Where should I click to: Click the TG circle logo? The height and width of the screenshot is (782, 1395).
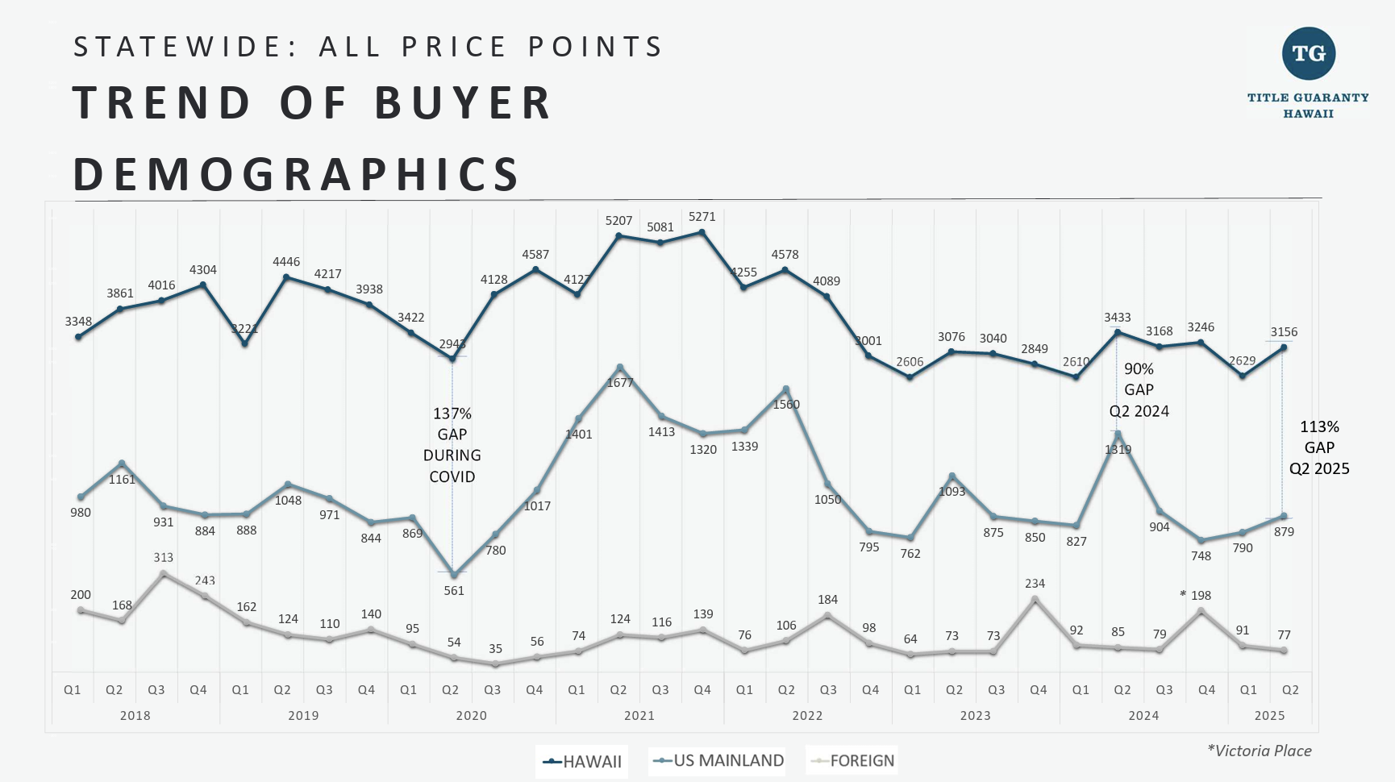[x=1309, y=54]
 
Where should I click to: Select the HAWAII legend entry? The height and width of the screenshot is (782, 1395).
[x=582, y=761]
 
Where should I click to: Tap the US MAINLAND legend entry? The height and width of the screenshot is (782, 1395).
[x=718, y=760]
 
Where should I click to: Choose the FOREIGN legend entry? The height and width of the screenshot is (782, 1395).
[x=852, y=760]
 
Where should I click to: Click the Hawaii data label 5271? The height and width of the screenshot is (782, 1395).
[x=702, y=217]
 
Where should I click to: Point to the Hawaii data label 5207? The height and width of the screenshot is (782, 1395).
[x=618, y=221]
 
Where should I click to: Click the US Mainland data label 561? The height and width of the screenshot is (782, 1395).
[x=454, y=591]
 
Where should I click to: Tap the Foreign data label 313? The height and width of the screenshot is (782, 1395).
[x=163, y=558]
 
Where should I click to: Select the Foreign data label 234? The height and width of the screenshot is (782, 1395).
[x=1035, y=584]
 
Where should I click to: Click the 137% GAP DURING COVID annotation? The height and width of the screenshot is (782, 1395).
[x=452, y=445]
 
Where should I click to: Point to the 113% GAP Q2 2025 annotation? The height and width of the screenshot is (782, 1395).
[x=1319, y=447]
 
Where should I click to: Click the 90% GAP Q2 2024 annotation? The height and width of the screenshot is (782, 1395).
[x=1139, y=390]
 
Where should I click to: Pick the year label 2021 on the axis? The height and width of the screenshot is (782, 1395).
[x=639, y=716]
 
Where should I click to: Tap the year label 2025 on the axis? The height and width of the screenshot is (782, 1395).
[x=1269, y=716]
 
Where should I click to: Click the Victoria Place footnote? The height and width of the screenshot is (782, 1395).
[x=1259, y=751]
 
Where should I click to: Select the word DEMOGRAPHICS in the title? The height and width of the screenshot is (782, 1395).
[x=297, y=175]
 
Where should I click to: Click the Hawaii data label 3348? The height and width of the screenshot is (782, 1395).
[x=78, y=322]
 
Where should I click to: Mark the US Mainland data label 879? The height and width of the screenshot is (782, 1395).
[x=1284, y=532]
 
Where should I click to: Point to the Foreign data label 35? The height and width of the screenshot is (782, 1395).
[x=495, y=649]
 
